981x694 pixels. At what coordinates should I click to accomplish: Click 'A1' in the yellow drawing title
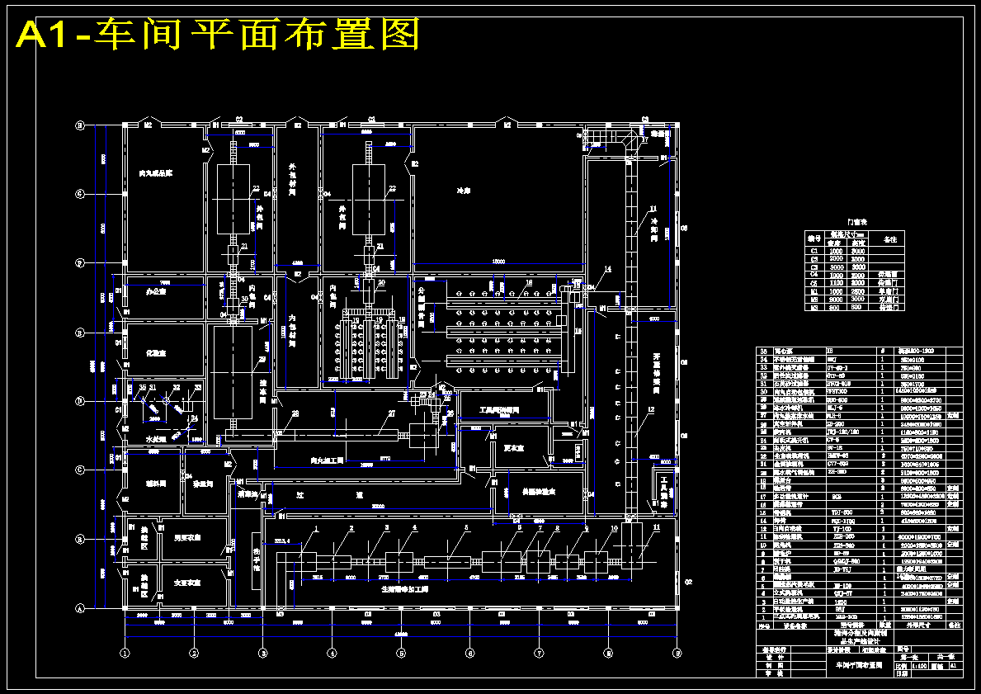(45, 35)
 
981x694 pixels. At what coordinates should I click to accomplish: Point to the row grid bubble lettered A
(80, 609)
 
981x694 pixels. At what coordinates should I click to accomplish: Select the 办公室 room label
(157, 291)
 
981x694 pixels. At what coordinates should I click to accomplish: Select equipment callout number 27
(392, 413)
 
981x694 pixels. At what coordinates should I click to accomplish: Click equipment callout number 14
(609, 270)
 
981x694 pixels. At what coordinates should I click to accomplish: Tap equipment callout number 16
(530, 282)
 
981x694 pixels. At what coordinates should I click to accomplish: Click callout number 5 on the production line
(466, 527)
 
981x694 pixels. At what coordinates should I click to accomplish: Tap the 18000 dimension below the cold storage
(498, 261)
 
